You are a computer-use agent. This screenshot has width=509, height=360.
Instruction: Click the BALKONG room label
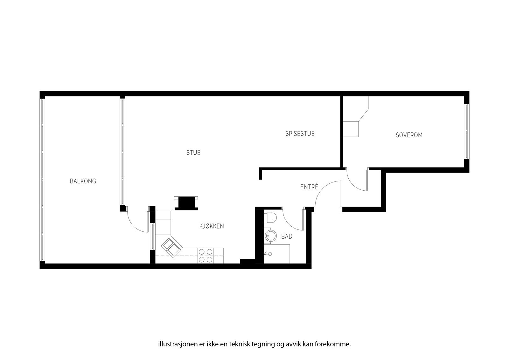(83, 181)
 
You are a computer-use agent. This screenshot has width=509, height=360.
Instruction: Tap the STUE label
(193, 153)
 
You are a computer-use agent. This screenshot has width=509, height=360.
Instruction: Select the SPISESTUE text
(300, 134)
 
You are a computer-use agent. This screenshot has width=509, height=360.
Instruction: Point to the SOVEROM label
(409, 135)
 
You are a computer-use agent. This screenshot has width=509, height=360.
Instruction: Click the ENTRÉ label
(309, 187)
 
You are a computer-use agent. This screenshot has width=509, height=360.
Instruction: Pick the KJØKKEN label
(212, 226)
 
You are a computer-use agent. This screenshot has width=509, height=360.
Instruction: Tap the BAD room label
(287, 236)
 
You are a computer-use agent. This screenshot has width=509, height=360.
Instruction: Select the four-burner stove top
(206, 256)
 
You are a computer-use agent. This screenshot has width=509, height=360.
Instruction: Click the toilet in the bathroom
(271, 218)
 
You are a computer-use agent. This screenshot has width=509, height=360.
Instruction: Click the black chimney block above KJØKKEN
(186, 203)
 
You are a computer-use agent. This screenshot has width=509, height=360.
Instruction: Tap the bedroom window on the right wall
(467, 131)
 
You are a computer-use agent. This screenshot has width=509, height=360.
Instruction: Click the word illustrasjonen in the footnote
(175, 344)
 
